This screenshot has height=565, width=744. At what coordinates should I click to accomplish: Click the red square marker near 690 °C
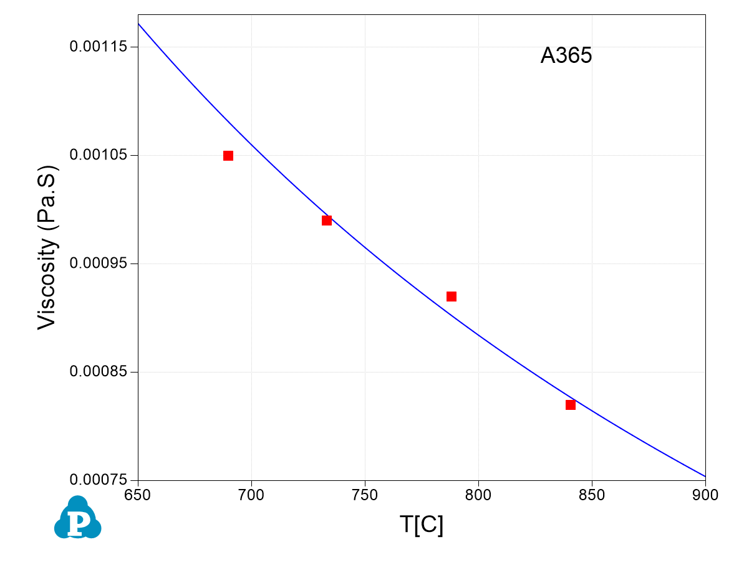coord(228,156)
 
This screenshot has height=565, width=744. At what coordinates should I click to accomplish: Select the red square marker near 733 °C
coord(327,221)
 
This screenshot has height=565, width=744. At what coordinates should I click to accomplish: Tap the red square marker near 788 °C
coord(452,297)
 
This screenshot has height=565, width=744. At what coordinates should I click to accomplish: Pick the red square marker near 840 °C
coord(571,405)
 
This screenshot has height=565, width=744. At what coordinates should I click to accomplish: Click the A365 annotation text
coord(566,56)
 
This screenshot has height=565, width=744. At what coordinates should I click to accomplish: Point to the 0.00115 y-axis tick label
coord(99,47)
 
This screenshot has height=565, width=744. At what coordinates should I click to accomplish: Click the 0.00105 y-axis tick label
coord(99,155)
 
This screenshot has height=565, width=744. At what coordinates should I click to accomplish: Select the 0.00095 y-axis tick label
coord(99,264)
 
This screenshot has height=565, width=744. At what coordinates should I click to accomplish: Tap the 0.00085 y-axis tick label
coord(99,372)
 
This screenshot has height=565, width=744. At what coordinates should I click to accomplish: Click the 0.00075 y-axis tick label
coord(99,480)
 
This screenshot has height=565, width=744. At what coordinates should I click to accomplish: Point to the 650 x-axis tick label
coord(138,496)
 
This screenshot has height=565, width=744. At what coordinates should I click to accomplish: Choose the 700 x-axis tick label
coord(251,496)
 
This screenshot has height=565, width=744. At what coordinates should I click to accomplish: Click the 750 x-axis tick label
coord(365,496)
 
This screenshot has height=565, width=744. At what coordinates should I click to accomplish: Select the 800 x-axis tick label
coord(478,496)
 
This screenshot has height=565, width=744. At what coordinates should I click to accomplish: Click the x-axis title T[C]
coord(422,525)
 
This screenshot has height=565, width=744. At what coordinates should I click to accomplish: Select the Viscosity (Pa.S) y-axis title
coord(48,247)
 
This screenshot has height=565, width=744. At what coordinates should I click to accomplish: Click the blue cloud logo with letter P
coord(78,518)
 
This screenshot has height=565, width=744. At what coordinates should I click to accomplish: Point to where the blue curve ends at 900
coord(705,476)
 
